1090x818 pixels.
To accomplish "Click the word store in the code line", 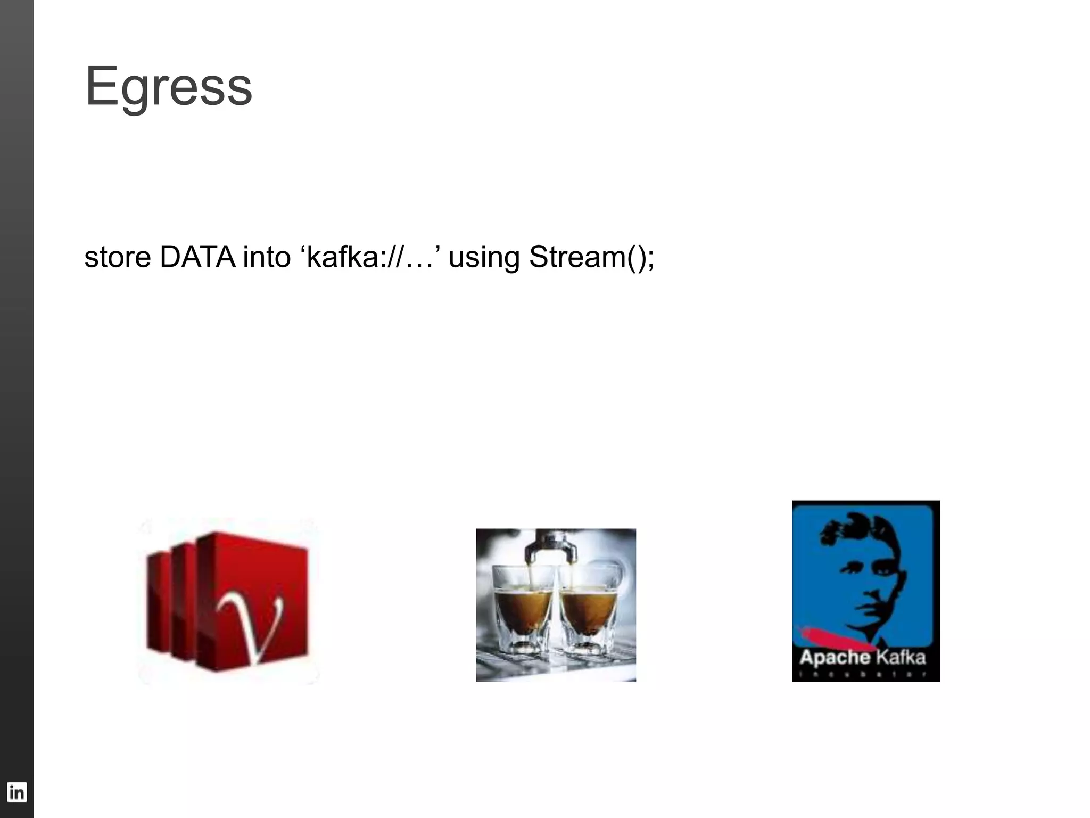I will tap(118, 257).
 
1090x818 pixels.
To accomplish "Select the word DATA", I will tap(197, 257).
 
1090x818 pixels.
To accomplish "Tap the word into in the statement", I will tap(267, 257).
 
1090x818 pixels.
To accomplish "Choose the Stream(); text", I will tap(591, 257).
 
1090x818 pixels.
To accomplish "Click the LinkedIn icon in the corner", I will tap(16, 792).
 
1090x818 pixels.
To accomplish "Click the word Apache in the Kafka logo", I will tap(834, 658).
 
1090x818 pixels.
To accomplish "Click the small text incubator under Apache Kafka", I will tap(865, 675).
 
